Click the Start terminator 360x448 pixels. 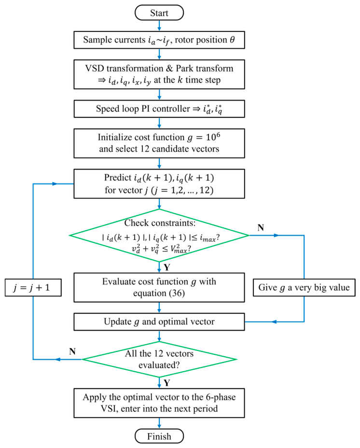[x=159, y=13]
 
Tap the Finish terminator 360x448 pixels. [x=159, y=436]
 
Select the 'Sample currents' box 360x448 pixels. [x=159, y=40]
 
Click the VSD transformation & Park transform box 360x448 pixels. [x=159, y=74]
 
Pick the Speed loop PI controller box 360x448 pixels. [x=159, y=109]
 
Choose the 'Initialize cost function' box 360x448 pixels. [x=159, y=143]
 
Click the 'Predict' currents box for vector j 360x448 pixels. [x=159, y=184]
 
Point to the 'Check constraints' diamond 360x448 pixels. [x=159, y=236]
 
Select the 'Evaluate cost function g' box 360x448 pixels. [x=159, y=287]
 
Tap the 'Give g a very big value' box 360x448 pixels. [x=304, y=287]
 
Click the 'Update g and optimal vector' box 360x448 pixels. [x=159, y=322]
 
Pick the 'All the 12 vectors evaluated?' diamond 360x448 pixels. [x=159, y=360]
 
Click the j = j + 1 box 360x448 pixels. [x=33, y=287]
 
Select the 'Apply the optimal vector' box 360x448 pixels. [x=159, y=403]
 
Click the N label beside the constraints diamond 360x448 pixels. [x=261, y=227]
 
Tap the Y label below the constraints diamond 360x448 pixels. [x=167, y=267]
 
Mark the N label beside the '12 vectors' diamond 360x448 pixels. [x=72, y=351]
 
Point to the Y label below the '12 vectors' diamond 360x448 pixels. [x=167, y=383]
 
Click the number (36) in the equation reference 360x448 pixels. [x=177, y=294]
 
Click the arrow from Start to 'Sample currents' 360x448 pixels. [x=159, y=26]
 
